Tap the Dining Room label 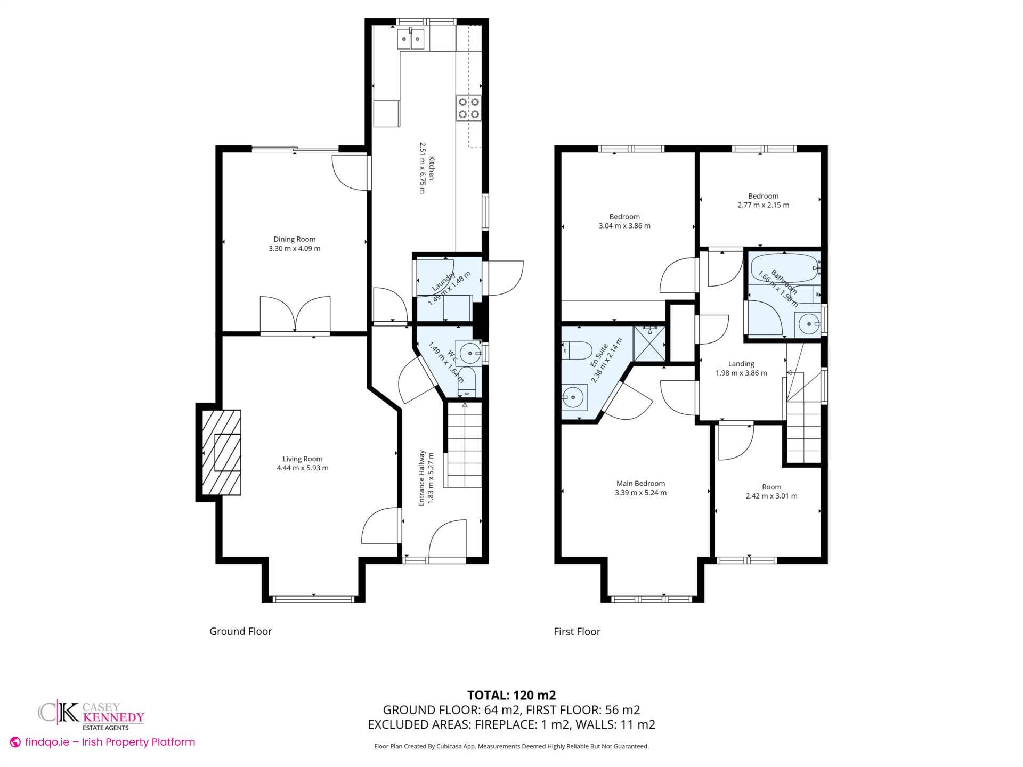pyautogui.click(x=295, y=240)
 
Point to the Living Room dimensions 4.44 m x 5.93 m pyautogui.click(x=303, y=468)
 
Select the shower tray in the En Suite pyautogui.click(x=649, y=344)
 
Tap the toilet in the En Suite pyautogui.click(x=578, y=351)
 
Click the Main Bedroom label pyautogui.click(x=640, y=484)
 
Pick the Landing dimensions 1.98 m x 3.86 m pyautogui.click(x=741, y=373)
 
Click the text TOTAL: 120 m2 pyautogui.click(x=511, y=695)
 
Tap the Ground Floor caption pyautogui.click(x=241, y=631)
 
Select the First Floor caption pyautogui.click(x=577, y=632)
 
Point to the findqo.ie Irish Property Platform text pyautogui.click(x=103, y=742)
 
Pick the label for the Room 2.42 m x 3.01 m pyautogui.click(x=772, y=487)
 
